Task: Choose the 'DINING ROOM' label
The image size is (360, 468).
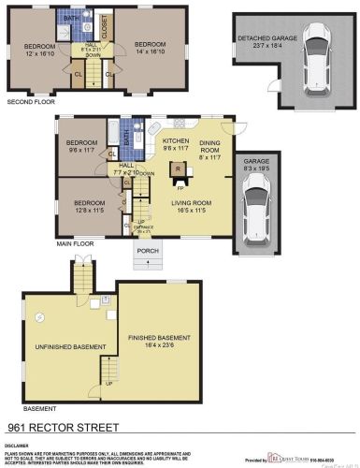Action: pyautogui.click(x=209, y=146)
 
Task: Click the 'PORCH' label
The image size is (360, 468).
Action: pyautogui.click(x=148, y=251)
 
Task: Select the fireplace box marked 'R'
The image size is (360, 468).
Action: pyautogui.click(x=177, y=168)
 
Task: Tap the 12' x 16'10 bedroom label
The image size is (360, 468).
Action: pyautogui.click(x=39, y=50)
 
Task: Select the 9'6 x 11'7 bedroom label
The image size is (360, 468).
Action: pyautogui.click(x=81, y=145)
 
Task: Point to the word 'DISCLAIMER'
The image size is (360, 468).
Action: pyautogui.click(x=19, y=446)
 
